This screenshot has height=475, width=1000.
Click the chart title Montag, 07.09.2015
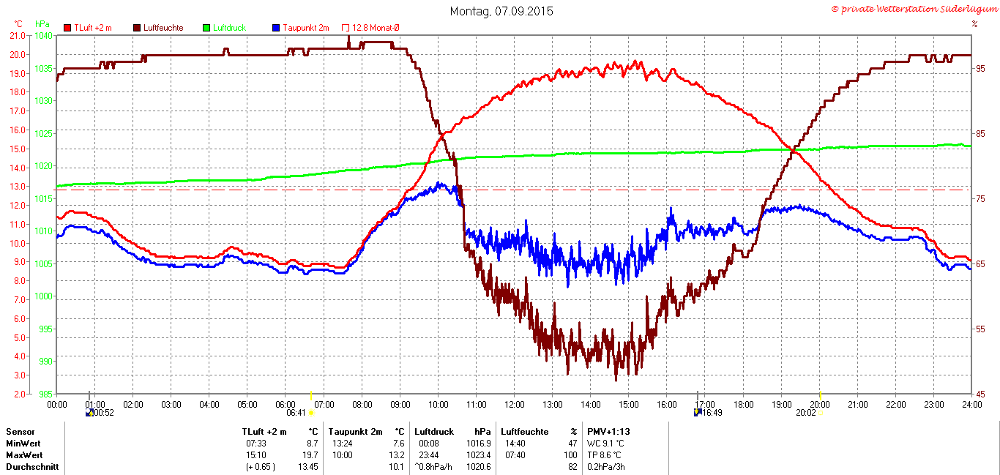(x=501, y=11)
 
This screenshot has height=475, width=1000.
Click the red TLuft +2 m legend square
(x=67, y=28)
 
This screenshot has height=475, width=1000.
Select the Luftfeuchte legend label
(x=163, y=28)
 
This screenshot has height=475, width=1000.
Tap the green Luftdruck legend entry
(x=225, y=28)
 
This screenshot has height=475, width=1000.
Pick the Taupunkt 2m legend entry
(x=301, y=28)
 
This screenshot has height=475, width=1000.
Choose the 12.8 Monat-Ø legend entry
(x=370, y=28)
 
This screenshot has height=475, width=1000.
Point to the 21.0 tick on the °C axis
(x=18, y=36)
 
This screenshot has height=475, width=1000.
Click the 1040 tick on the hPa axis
(x=44, y=36)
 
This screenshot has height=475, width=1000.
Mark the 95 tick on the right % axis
(x=980, y=68)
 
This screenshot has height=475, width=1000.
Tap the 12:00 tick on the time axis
(x=515, y=405)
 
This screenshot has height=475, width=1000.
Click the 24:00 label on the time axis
(x=972, y=405)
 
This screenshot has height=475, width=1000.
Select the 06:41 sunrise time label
(x=296, y=413)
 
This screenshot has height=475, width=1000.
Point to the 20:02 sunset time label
(x=806, y=413)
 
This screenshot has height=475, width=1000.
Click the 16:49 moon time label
(x=712, y=413)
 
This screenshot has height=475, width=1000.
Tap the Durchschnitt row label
(x=32, y=466)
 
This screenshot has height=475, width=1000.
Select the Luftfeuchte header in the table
(x=525, y=432)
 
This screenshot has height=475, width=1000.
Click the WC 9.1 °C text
(x=605, y=444)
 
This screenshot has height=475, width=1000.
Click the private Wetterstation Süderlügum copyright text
(x=915, y=10)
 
